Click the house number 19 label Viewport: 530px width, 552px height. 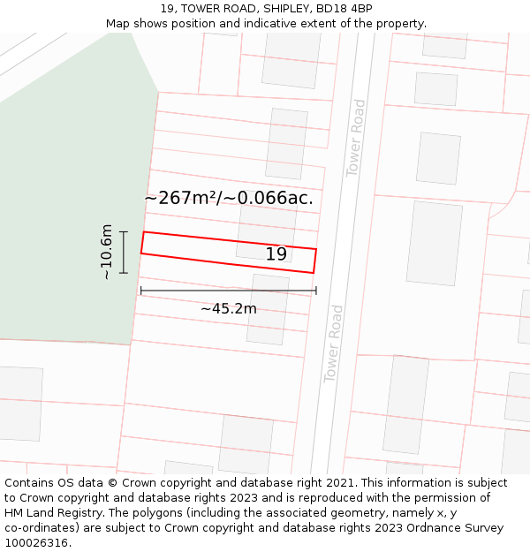tap(276, 254)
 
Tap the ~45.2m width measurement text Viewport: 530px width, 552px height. tap(228, 309)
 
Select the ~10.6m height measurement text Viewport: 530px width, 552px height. tap(107, 252)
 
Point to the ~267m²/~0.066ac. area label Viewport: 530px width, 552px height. tap(229, 198)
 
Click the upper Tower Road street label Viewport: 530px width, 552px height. tap(356, 139)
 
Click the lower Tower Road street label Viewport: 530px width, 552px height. tap(334, 344)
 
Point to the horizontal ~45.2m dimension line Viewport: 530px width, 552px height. tap(228, 290)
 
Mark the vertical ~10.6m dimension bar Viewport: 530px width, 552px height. tap(124, 253)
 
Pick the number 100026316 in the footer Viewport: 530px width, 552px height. tap(36, 543)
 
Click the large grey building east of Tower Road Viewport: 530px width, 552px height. tap(434, 242)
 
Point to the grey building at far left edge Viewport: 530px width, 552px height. tap(19, 403)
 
